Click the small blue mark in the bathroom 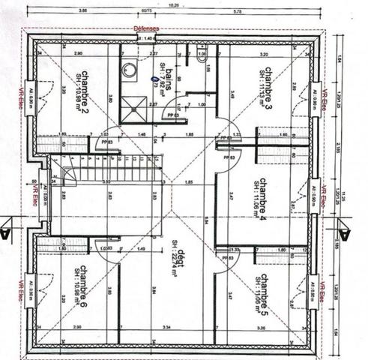[154, 77]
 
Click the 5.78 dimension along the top [237, 12]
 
